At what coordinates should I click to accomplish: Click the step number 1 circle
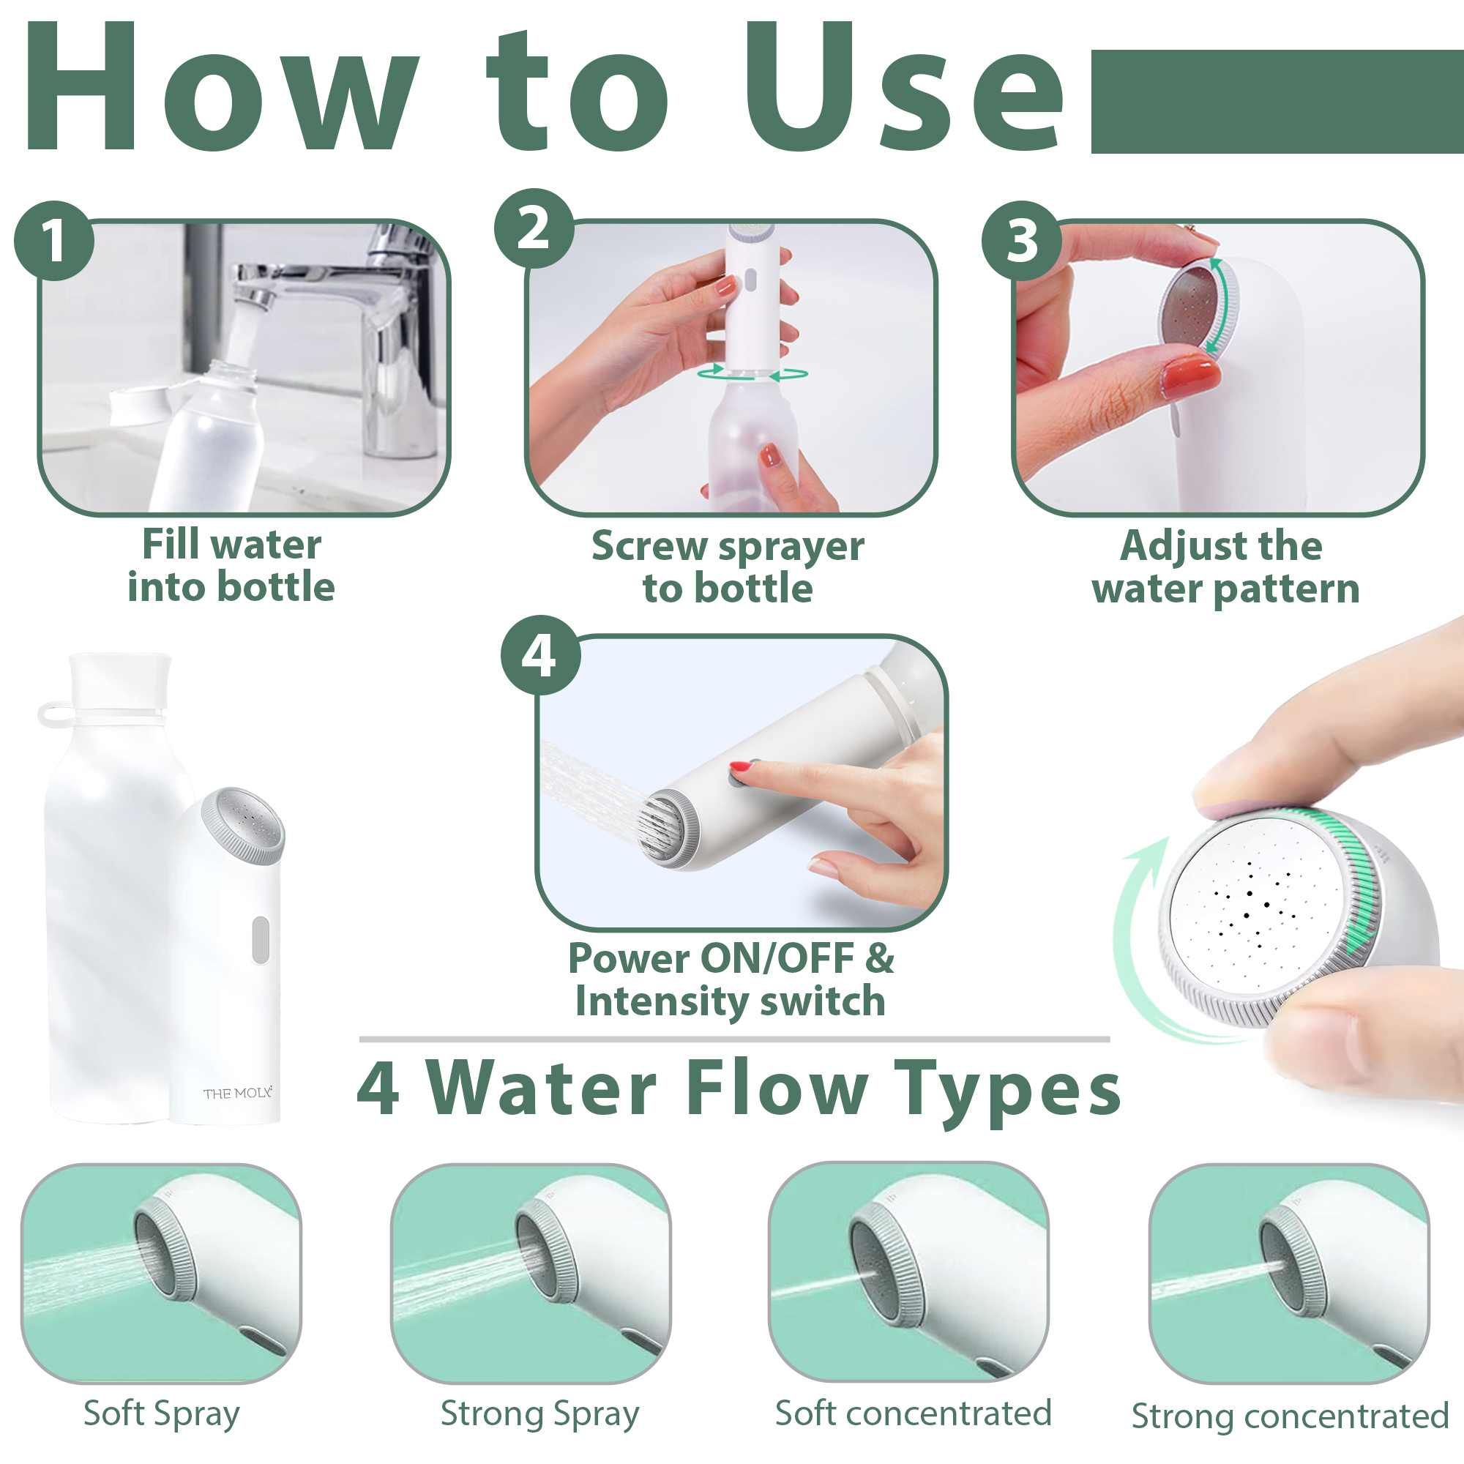[x=53, y=240]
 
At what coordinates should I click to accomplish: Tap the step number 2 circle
[x=534, y=228]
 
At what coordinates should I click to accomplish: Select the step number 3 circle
[x=1021, y=240]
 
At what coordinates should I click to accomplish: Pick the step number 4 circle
[x=540, y=654]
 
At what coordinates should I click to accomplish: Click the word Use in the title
[x=905, y=87]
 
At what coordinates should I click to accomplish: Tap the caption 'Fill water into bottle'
[x=231, y=565]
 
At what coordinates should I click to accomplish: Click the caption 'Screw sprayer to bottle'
[x=728, y=567]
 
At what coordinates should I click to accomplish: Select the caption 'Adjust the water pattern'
[x=1225, y=567]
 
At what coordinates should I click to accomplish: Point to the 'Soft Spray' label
[x=161, y=1414]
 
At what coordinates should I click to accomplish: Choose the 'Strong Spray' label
[x=540, y=1414]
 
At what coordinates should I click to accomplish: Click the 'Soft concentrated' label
[x=913, y=1413]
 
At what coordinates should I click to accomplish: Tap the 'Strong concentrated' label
[x=1291, y=1416]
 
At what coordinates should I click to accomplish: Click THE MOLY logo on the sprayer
[x=237, y=1093]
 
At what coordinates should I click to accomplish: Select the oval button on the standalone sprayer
[x=260, y=940]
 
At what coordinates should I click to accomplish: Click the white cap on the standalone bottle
[x=120, y=681]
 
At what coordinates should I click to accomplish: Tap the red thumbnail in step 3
[x=1189, y=376]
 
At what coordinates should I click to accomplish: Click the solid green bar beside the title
[x=1277, y=102]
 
